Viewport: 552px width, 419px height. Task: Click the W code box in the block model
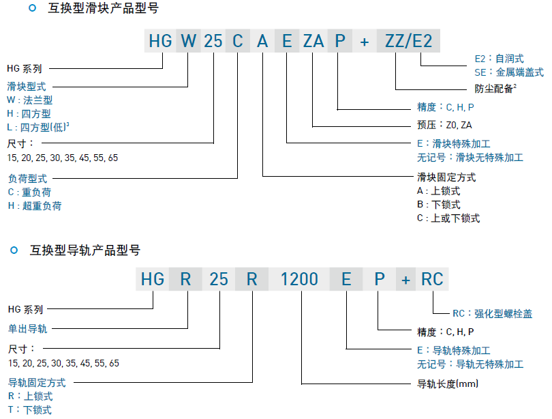pyautogui.click(x=188, y=42)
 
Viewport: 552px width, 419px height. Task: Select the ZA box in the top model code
pyautogui.click(x=313, y=42)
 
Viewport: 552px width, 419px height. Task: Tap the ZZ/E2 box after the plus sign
pyautogui.click(x=409, y=42)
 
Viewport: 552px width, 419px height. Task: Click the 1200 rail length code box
pyautogui.click(x=300, y=279)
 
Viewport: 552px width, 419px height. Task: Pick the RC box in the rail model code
pyautogui.click(x=431, y=279)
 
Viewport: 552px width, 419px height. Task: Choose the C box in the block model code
pyautogui.click(x=237, y=42)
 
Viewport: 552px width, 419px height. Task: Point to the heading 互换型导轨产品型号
pyautogui.click(x=85, y=250)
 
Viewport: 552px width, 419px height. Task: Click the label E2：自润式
pyautogui.click(x=499, y=59)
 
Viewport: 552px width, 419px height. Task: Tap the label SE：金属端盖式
pyautogui.click(x=508, y=72)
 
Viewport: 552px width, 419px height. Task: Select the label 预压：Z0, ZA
pyautogui.click(x=444, y=125)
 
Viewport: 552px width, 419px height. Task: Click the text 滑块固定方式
pyautogui.click(x=446, y=177)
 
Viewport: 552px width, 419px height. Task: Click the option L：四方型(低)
pyautogui.click(x=38, y=127)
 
